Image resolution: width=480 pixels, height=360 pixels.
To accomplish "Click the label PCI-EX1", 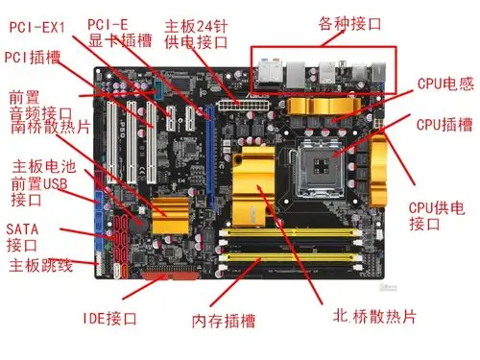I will pyautogui.click(x=43, y=28).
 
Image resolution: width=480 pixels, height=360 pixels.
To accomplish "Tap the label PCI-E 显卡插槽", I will pyautogui.click(x=120, y=33).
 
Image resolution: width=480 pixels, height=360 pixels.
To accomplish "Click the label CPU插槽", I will pyautogui.click(x=442, y=124).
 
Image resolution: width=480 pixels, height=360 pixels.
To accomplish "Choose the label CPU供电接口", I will pyautogui.click(x=437, y=215).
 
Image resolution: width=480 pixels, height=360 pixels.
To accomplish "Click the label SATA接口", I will pyautogui.click(x=23, y=237).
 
